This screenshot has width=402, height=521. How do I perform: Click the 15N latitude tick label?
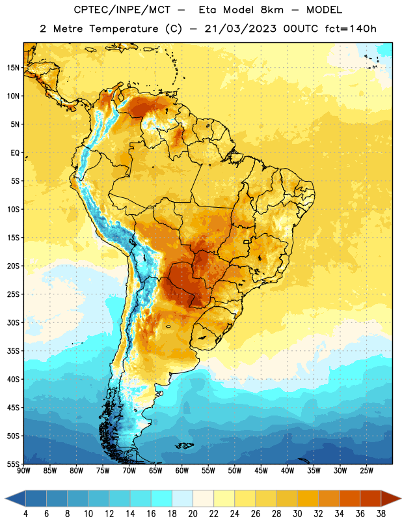pyautogui.click(x=13, y=68)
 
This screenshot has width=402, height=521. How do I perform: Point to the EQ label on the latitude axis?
pyautogui.click(x=15, y=153)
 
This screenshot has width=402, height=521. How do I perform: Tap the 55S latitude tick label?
pyautogui.click(x=13, y=464)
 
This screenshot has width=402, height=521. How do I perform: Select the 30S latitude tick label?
pyautogui.click(x=13, y=322)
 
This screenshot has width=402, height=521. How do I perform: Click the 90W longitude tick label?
pyautogui.click(x=23, y=470)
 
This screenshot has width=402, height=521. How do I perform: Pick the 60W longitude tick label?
pyautogui.click(x=182, y=470)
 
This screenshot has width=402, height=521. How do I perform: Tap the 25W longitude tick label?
pyautogui.click(x=366, y=470)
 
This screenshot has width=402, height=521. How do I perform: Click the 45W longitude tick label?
pyautogui.click(x=261, y=470)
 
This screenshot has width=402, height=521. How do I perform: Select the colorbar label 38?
pyautogui.click(x=381, y=514)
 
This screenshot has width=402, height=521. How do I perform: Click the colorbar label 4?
pyautogui.click(x=26, y=514)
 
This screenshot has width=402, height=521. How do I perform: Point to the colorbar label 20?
pyautogui.click(x=193, y=514)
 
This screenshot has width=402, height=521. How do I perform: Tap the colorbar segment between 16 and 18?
pyautogui.click(x=162, y=498)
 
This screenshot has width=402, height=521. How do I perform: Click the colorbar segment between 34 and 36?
pyautogui.click(x=349, y=498)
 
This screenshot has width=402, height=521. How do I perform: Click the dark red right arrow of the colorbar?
pyautogui.click(x=390, y=498)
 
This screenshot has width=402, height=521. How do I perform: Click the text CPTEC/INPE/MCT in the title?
pyautogui.click(x=122, y=10)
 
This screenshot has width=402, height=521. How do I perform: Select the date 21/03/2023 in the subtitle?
pyautogui.click(x=240, y=29)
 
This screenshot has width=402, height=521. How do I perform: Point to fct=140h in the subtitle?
pyautogui.click(x=351, y=29)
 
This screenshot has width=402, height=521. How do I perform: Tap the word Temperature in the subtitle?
pyautogui.click(x=124, y=29)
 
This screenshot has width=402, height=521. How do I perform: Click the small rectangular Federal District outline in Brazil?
pyautogui.click(x=247, y=242)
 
